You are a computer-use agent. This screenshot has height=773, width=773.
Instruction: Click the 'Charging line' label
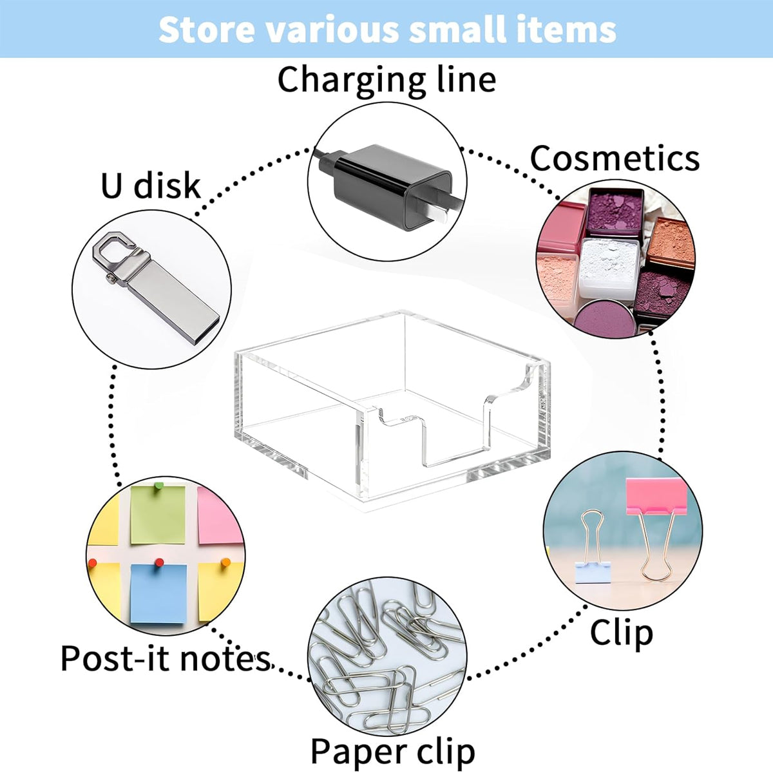pyautogui.click(x=386, y=81)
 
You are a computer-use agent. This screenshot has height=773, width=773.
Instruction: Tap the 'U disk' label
pyautogui.click(x=151, y=186)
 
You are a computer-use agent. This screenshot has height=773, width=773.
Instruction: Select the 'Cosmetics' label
pyautogui.click(x=615, y=158)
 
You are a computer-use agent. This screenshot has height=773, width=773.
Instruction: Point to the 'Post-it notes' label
pyautogui.click(x=166, y=658)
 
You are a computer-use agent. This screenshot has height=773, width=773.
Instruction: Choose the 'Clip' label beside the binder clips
pyautogui.click(x=622, y=633)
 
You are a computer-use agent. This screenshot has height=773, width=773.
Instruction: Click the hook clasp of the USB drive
pyautogui.click(x=119, y=248)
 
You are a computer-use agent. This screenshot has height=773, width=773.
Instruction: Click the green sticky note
pyautogui.click(x=158, y=515)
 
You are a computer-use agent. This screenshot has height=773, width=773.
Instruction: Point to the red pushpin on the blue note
pyautogui.click(x=158, y=562)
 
